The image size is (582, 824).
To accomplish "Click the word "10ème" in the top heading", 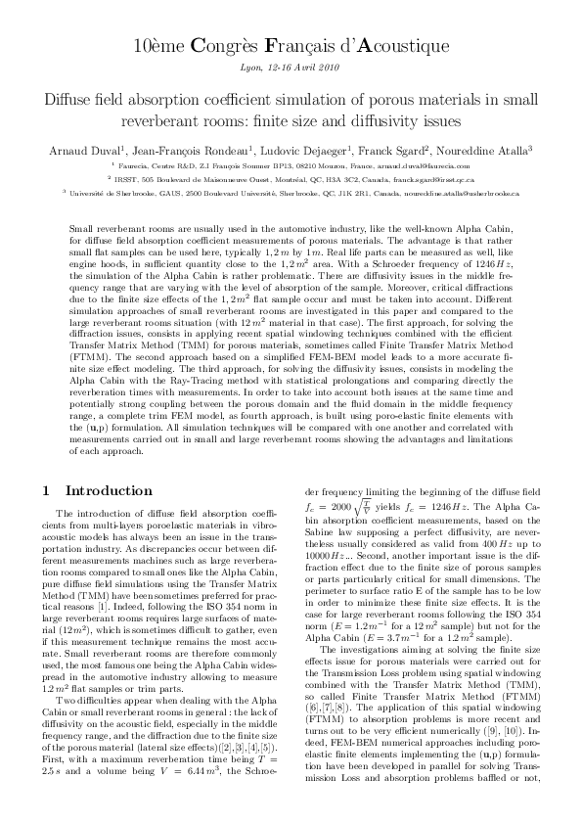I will point(157,46).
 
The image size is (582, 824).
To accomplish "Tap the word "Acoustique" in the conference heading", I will point(401,46).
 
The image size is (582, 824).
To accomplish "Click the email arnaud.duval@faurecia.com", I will point(434,165).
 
